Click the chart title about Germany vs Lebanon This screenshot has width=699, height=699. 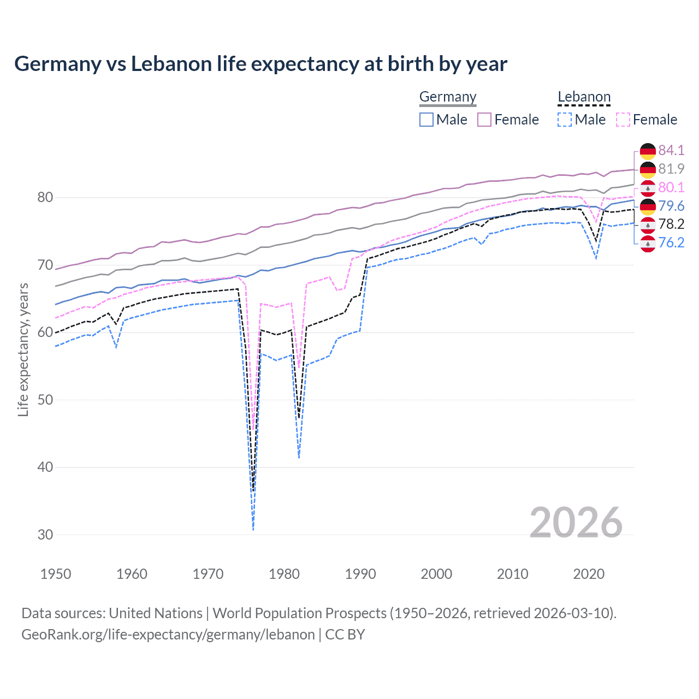[260, 64]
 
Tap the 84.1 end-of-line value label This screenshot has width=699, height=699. [671, 150]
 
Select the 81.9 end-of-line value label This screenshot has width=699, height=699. [671, 169]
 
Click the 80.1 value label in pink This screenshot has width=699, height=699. [671, 187]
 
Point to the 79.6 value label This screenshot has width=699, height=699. [671, 206]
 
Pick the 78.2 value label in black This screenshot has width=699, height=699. [671, 224]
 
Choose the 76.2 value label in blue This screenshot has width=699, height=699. [671, 242]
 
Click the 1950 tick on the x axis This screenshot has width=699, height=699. [56, 574]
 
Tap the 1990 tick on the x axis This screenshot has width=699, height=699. [360, 574]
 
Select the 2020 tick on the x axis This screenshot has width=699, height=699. [589, 574]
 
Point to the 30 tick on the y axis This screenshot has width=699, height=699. [45, 535]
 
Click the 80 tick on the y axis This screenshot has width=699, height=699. [45, 197]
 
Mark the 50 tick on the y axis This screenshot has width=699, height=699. [45, 400]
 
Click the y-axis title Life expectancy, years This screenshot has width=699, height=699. [23, 349]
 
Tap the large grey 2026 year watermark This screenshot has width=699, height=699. [576, 523]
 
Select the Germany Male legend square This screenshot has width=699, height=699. [426, 120]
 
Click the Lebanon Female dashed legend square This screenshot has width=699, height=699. [623, 120]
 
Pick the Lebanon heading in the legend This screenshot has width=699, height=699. [584, 97]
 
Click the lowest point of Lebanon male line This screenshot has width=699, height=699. [253, 529]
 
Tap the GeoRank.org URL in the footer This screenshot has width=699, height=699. [168, 635]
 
